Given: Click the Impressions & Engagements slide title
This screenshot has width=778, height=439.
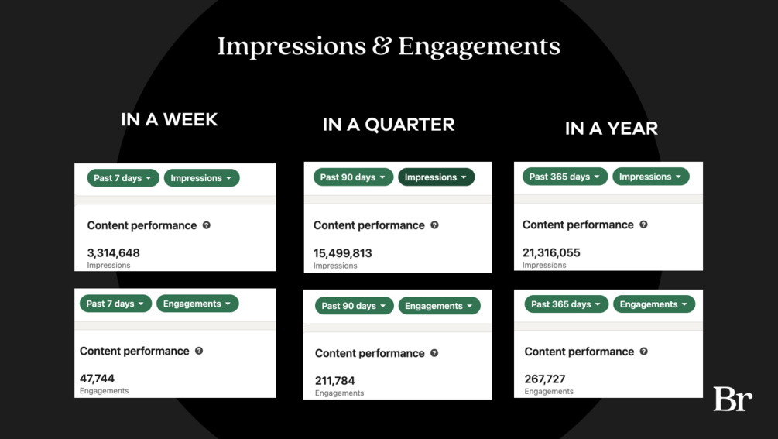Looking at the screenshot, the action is [x=389, y=46].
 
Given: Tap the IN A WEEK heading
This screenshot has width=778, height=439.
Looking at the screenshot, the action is [x=170, y=119].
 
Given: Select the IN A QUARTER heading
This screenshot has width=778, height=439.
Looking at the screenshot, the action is [x=389, y=125].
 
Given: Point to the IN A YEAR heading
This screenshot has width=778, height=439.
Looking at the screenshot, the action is [x=612, y=129].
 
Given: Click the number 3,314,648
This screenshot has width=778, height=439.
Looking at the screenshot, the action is [x=113, y=252].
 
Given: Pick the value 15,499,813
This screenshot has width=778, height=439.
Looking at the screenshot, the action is [x=342, y=253].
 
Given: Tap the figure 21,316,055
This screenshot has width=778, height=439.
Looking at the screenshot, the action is [x=551, y=252].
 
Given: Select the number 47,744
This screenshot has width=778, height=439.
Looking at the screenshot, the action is [x=97, y=379].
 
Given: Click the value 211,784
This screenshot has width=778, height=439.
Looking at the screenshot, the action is [x=335, y=380].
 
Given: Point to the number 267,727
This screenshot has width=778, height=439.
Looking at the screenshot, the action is [x=545, y=379].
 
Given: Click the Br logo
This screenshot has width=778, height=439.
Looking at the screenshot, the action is [x=733, y=399].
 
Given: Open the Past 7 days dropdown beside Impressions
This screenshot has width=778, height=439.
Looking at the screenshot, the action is [x=123, y=178].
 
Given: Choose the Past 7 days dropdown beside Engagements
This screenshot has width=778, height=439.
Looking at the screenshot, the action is [x=115, y=304].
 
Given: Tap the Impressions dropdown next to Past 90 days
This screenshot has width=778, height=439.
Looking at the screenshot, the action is [x=436, y=177].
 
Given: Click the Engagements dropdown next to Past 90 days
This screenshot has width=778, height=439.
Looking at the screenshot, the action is [x=439, y=306].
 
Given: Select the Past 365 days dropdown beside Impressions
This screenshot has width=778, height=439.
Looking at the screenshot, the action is [x=564, y=177].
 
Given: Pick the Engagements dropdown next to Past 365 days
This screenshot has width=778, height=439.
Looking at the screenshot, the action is [x=654, y=304].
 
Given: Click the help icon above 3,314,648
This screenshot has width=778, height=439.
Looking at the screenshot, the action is [x=207, y=225].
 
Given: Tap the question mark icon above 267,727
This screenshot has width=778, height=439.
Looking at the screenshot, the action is [x=643, y=352].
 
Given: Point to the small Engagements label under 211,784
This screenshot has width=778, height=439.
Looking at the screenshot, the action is [x=339, y=393].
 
